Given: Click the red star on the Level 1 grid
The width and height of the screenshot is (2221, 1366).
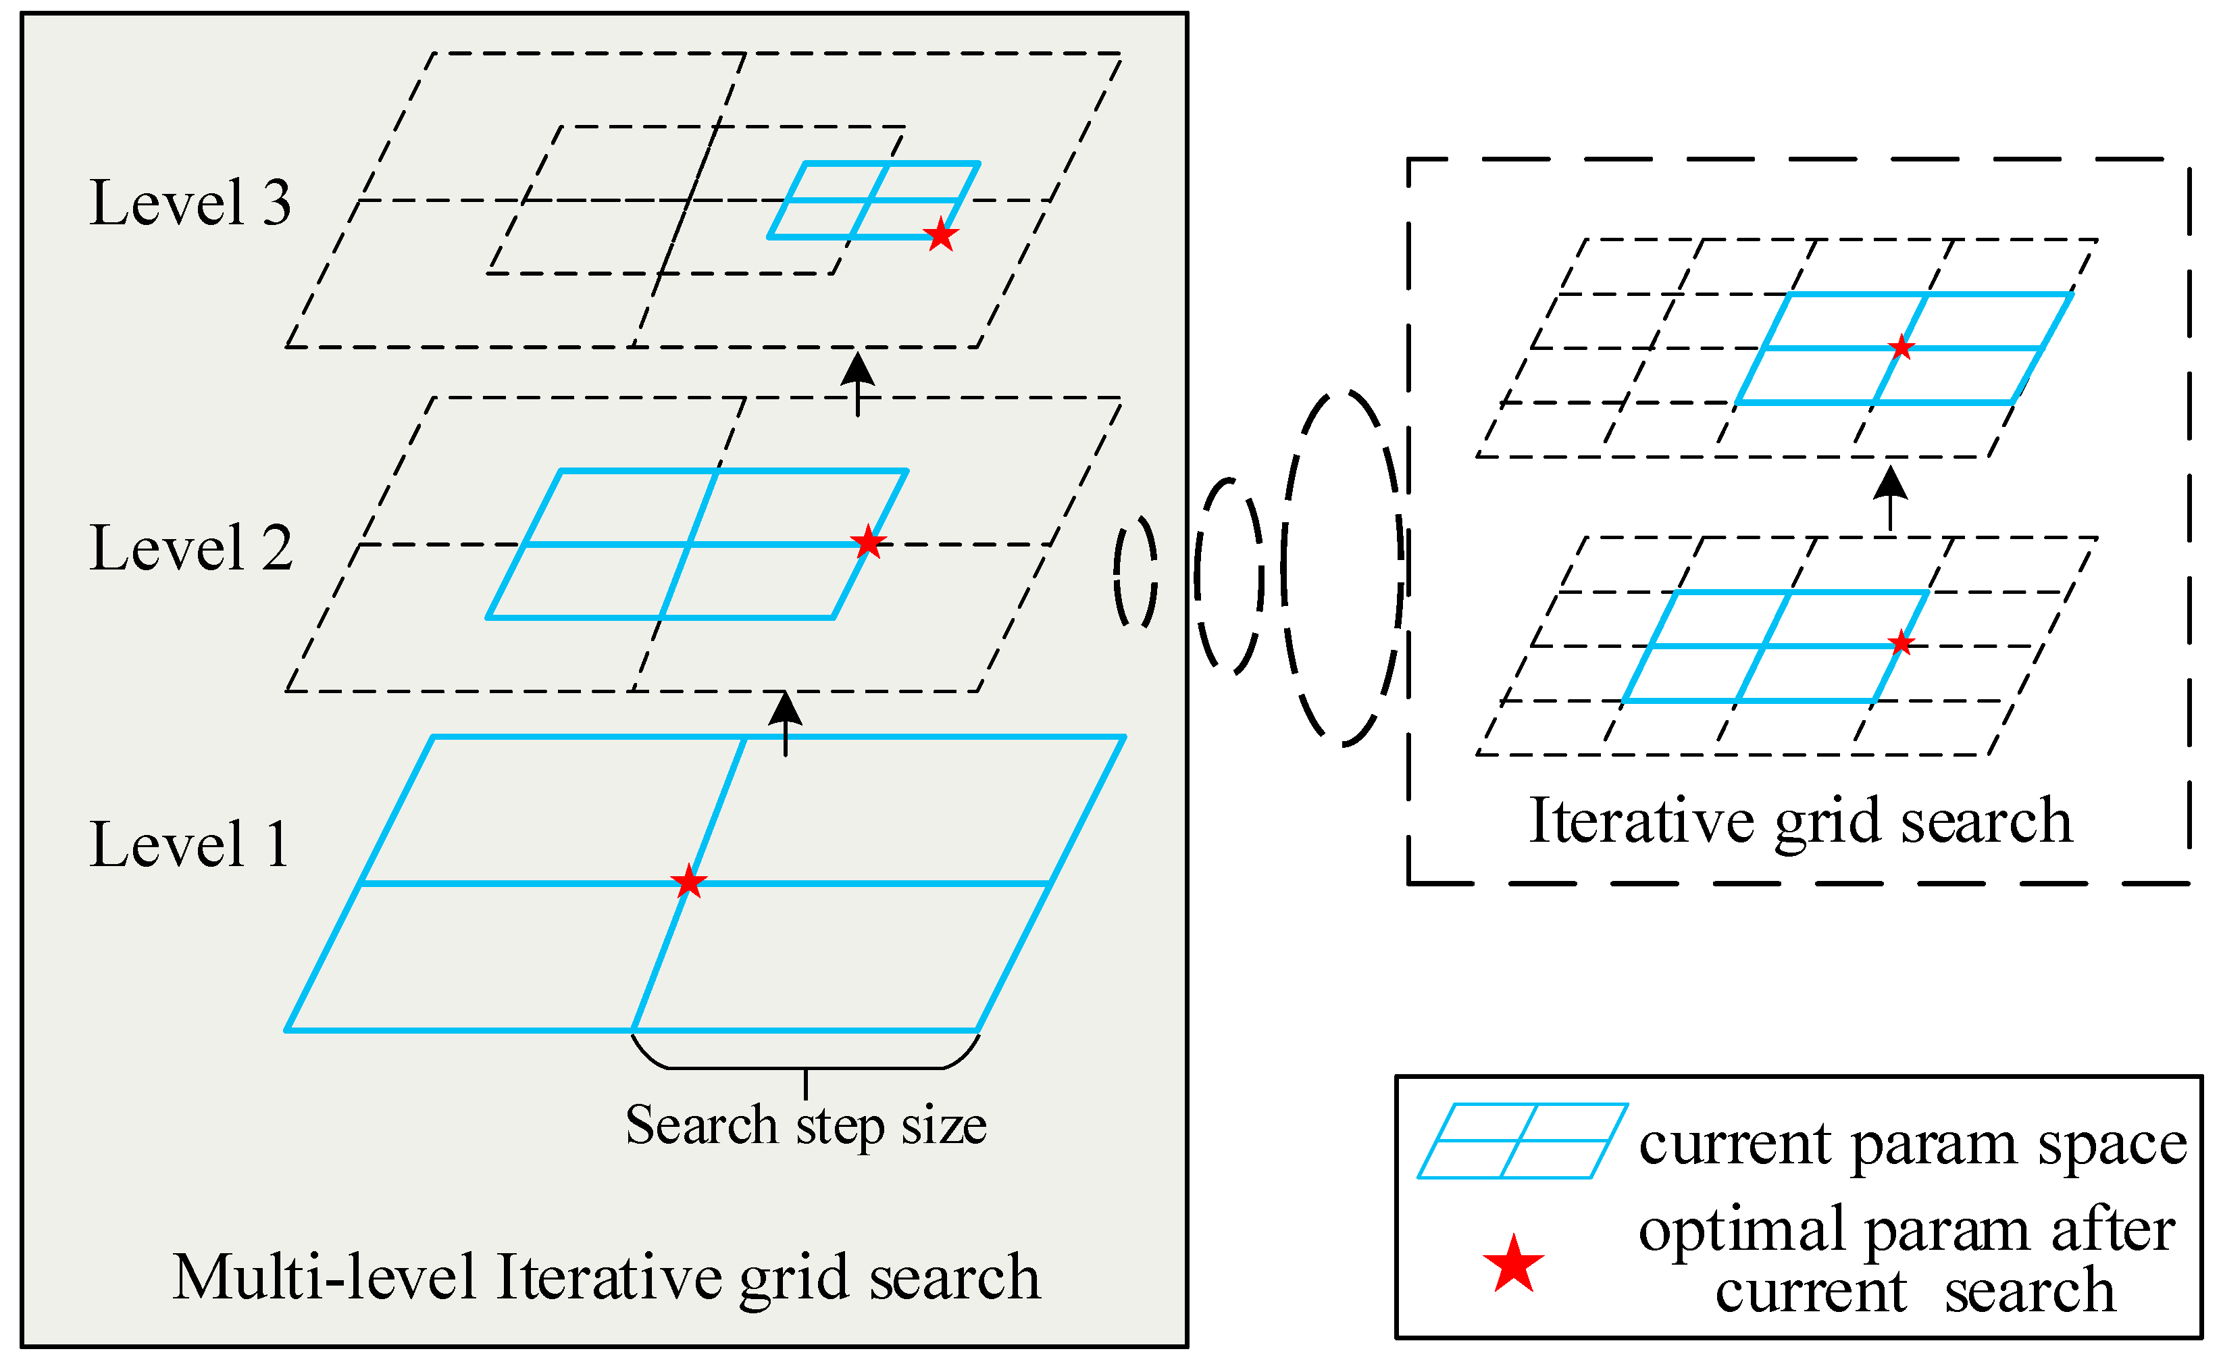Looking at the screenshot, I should pos(689,881).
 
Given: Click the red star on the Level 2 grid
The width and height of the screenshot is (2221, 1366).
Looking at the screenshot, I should pos(868,542).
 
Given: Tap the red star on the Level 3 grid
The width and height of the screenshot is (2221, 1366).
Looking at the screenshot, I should pos(941,235).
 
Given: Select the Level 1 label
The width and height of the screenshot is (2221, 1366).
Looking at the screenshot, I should pos(190,844).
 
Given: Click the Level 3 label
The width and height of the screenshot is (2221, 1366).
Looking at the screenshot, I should pos(190,203).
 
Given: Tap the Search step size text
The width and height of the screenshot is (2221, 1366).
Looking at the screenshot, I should pos(806,1125).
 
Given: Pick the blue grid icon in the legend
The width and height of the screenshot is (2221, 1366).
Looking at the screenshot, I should pos(1523,1141).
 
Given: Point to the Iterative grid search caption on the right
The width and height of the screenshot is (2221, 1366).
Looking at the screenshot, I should pos(1801,822).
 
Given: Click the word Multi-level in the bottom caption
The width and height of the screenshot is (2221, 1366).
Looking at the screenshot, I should pos(325,1278).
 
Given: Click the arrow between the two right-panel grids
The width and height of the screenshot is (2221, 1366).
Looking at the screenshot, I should pos(1891,497).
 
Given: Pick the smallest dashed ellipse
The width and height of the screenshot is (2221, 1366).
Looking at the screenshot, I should pos(1135,571).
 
